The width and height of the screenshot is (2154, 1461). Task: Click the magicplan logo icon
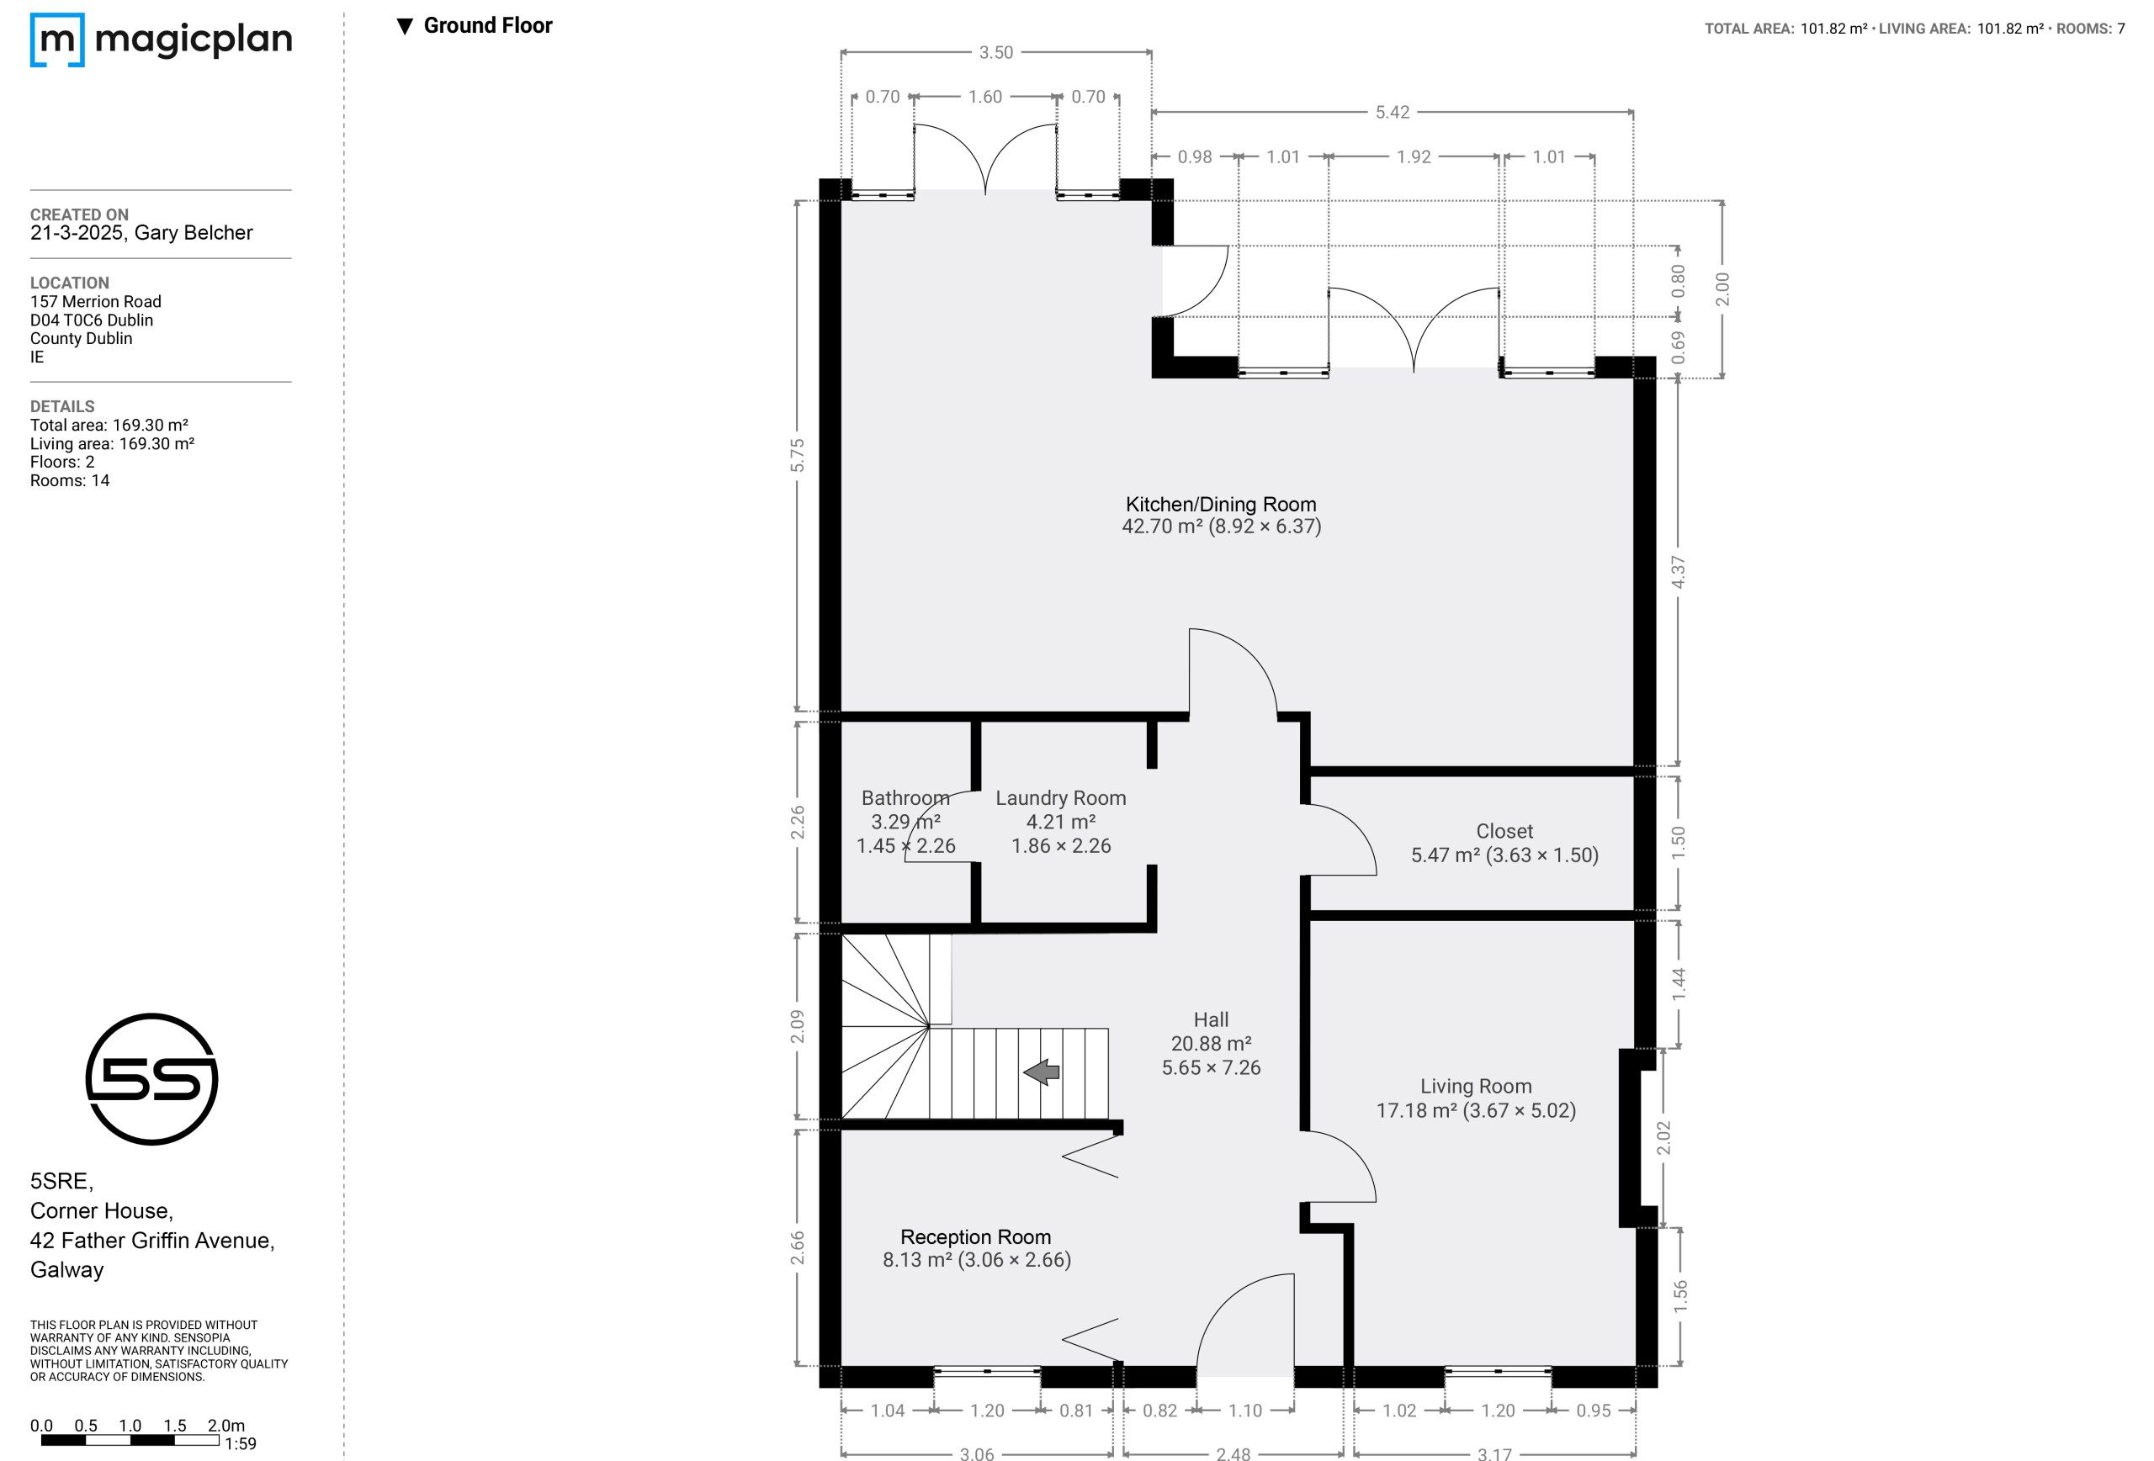(x=57, y=40)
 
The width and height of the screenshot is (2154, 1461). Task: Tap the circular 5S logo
(x=152, y=1079)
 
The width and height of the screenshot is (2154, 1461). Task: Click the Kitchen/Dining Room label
(x=1221, y=504)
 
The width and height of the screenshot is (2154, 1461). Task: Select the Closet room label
(x=1504, y=831)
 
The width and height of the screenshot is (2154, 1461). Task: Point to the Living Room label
(x=1476, y=1086)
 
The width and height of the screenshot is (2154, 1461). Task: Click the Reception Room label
(x=976, y=1236)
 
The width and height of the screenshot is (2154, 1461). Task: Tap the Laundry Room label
(x=1060, y=797)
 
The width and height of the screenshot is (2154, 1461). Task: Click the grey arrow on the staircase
(x=1041, y=1072)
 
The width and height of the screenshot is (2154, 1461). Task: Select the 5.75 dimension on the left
(x=797, y=455)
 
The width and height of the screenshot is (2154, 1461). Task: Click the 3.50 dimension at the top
(x=996, y=53)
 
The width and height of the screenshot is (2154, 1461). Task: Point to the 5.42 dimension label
(x=1393, y=112)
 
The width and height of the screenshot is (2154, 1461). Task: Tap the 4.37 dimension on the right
(x=1678, y=572)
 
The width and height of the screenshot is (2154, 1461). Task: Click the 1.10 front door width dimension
(x=1244, y=1410)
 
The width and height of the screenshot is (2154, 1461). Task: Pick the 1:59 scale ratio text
(x=240, y=1443)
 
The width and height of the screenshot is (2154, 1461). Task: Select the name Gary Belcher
(x=194, y=232)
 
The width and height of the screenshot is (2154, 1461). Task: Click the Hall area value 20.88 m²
(x=1211, y=1043)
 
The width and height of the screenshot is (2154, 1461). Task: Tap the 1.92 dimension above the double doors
(x=1414, y=156)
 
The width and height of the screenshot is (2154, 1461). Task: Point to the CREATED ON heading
(x=80, y=214)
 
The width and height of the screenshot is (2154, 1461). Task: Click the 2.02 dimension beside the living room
(x=1663, y=1138)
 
